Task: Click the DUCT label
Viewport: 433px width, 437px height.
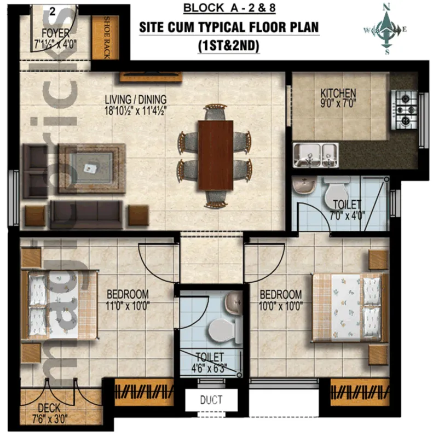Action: point(211,400)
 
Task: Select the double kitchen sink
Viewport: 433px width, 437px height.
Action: point(316,155)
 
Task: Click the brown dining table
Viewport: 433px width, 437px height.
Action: point(216,155)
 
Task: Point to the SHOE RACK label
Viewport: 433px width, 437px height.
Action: point(107,38)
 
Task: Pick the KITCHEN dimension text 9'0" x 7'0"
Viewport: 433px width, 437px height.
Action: point(338,104)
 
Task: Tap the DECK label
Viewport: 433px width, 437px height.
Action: point(49,408)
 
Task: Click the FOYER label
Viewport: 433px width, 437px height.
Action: point(55,33)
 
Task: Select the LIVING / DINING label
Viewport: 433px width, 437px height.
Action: point(136,100)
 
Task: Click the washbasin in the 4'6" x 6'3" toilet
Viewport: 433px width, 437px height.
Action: point(234,303)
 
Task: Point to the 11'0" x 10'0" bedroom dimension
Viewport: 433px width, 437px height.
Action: point(128,306)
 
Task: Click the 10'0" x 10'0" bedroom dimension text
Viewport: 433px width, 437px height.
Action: point(281,306)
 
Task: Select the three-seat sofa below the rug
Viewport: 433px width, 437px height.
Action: point(86,214)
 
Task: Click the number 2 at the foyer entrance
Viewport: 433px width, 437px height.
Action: point(53,11)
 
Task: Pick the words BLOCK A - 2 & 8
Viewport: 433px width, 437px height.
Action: point(229,8)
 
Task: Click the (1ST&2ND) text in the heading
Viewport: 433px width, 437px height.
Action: point(228,46)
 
